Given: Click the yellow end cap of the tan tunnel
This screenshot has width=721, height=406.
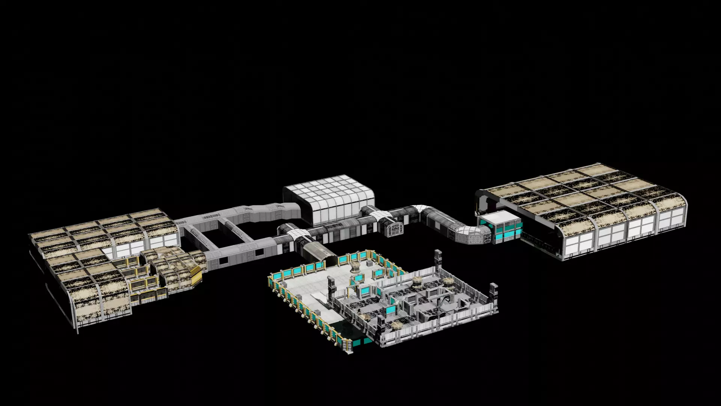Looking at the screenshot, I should click(196, 276).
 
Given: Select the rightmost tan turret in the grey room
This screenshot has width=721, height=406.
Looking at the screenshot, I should click(447, 282).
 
